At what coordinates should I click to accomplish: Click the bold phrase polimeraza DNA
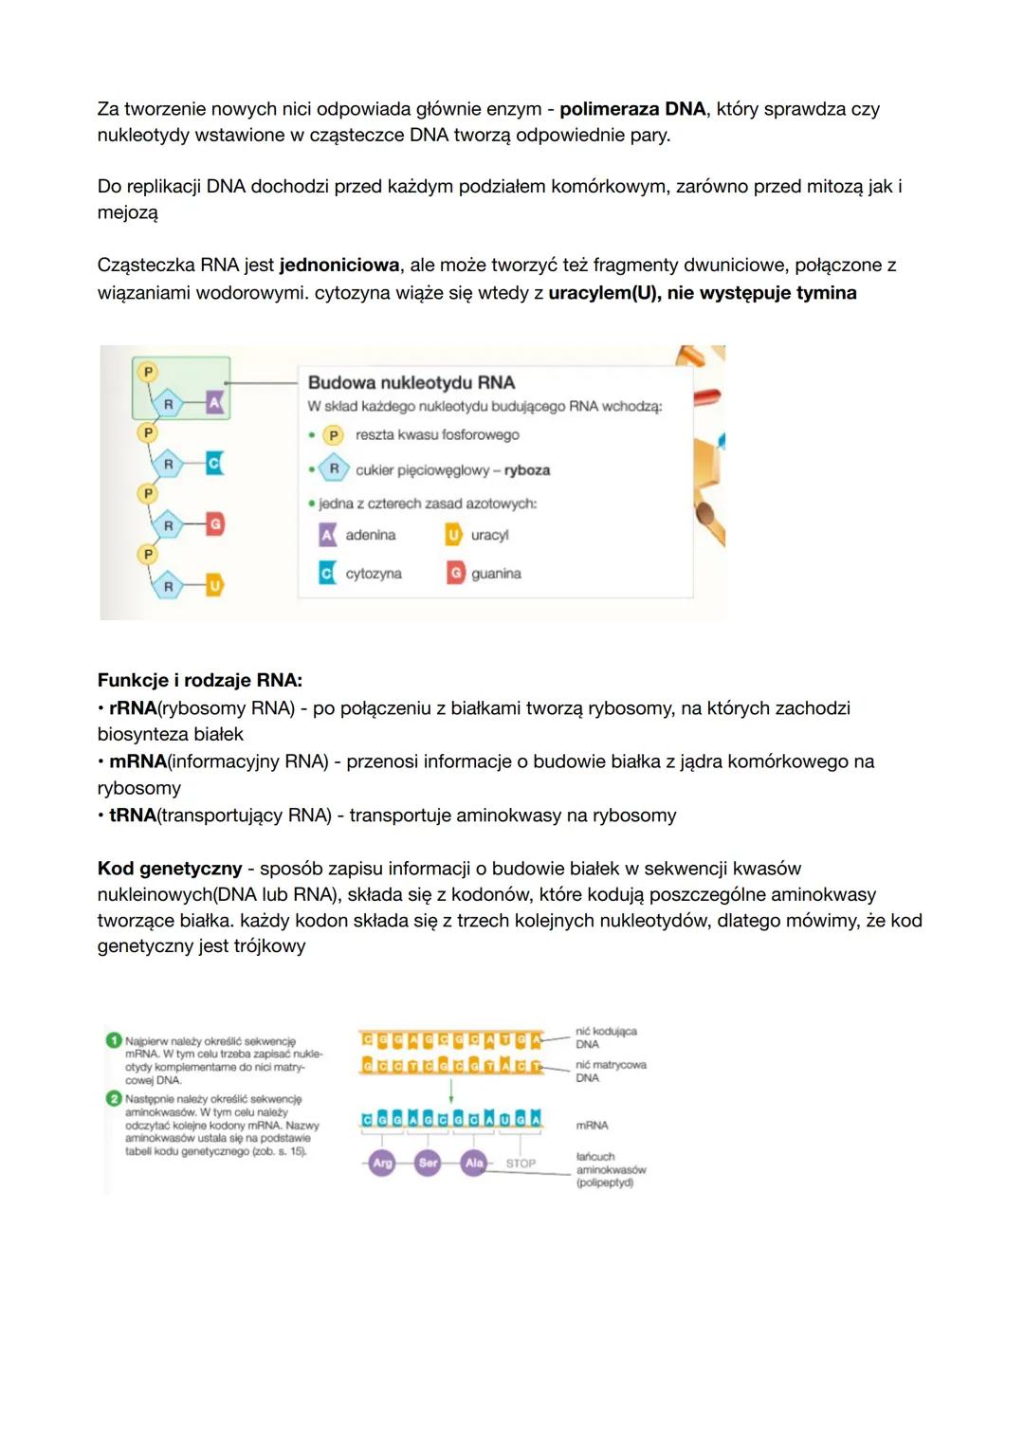(x=632, y=109)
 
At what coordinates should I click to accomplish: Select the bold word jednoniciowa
(x=339, y=266)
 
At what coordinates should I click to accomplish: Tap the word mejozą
(x=127, y=212)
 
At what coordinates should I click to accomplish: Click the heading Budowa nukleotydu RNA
(x=411, y=382)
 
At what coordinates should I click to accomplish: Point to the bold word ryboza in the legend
(x=526, y=470)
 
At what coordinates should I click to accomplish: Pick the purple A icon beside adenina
(x=327, y=535)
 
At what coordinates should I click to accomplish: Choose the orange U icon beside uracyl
(x=453, y=535)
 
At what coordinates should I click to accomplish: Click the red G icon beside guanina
(x=456, y=573)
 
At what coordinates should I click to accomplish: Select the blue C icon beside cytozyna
(x=327, y=573)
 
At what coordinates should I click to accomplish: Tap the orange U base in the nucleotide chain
(x=214, y=586)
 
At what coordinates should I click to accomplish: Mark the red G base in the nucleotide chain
(x=214, y=524)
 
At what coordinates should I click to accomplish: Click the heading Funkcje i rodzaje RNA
(x=199, y=681)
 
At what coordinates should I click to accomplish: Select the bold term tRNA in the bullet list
(x=132, y=816)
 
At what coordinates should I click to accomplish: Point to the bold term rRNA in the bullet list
(x=132, y=708)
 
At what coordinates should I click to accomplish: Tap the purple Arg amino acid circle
(x=382, y=1163)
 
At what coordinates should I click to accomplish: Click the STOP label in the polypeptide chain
(x=521, y=1164)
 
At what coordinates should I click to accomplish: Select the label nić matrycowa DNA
(x=610, y=1072)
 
